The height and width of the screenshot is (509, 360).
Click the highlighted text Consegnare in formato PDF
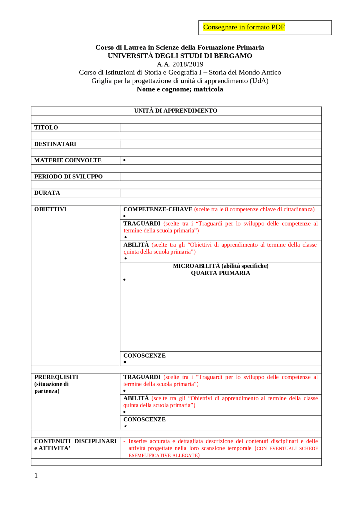click(x=244, y=27)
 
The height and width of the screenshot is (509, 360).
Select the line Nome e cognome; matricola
click(x=180, y=89)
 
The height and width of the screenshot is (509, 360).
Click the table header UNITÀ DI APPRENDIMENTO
click(x=175, y=110)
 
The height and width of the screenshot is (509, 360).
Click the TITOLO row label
click(x=46, y=127)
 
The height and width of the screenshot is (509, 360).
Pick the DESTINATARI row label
click(x=55, y=144)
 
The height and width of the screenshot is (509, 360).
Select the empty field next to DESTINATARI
click(x=220, y=144)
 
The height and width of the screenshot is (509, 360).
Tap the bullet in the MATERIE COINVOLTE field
click(x=124, y=160)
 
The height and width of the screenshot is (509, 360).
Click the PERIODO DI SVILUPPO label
click(x=68, y=177)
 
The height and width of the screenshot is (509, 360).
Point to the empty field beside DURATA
click(x=220, y=193)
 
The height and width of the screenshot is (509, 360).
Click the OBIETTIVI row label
click(x=50, y=209)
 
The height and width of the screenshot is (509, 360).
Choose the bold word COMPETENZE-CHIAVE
click(x=157, y=209)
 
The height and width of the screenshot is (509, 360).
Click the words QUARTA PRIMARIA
click(x=220, y=273)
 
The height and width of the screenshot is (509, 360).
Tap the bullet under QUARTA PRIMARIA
click(x=124, y=280)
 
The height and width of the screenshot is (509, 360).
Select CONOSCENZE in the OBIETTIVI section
click(x=144, y=356)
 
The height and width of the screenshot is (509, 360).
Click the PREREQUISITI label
click(x=56, y=377)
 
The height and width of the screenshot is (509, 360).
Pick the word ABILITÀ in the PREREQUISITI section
click(x=136, y=398)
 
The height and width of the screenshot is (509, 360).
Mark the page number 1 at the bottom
click(x=36, y=475)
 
